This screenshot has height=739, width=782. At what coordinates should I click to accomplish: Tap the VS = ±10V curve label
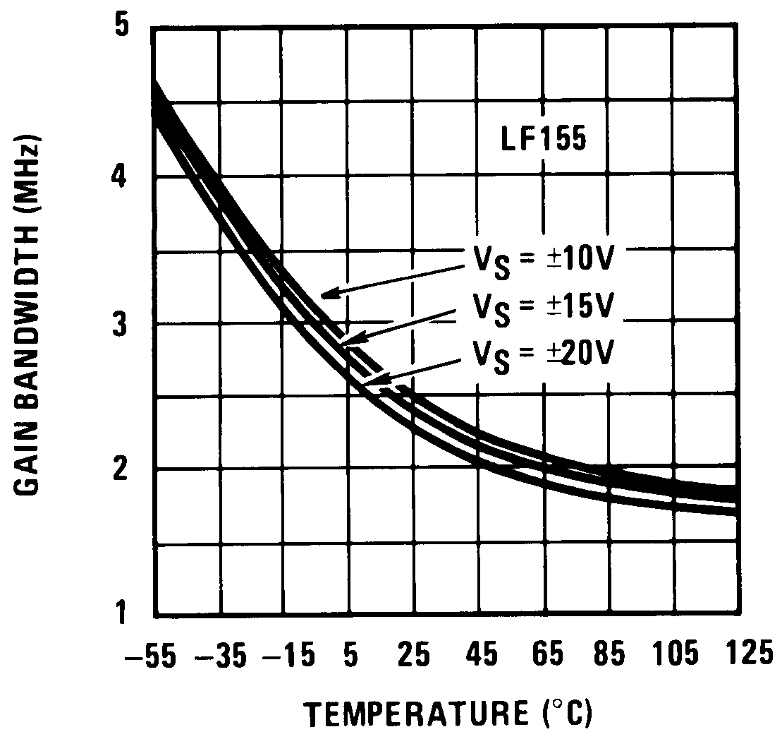[545, 260]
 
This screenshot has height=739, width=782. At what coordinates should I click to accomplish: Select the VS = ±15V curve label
[545, 306]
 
